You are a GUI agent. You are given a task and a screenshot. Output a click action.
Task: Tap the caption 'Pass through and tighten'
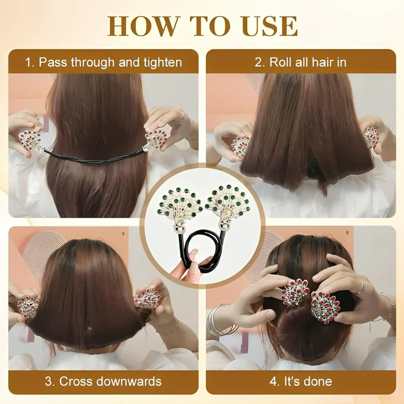103,62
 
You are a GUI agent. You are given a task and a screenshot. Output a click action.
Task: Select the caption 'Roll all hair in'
301,62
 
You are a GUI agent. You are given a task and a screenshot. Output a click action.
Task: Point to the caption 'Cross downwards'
103,381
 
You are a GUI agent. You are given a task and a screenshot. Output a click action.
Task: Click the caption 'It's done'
301,381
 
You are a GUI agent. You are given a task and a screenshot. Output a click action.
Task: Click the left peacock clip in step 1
31,141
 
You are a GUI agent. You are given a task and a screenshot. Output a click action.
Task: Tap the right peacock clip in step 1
155,140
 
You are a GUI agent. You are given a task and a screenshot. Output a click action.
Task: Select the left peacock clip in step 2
240,146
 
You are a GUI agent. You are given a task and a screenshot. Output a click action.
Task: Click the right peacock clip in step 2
371,137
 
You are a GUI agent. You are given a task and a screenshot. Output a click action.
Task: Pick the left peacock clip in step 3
28,307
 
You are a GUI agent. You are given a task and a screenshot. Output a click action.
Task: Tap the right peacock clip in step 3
148,298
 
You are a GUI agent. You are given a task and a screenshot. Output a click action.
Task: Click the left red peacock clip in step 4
295,292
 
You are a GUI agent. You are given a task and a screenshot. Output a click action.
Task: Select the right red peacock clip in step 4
325,306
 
